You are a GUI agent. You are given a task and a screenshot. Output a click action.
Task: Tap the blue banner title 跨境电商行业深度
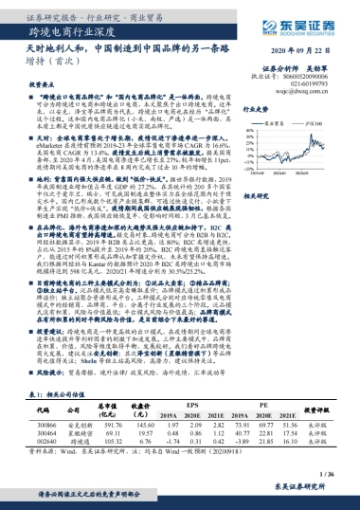65,31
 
